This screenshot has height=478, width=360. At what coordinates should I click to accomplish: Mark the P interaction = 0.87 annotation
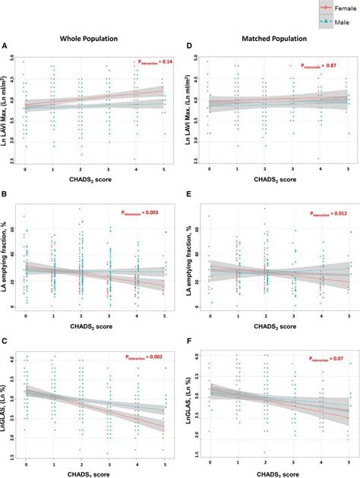(316, 67)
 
